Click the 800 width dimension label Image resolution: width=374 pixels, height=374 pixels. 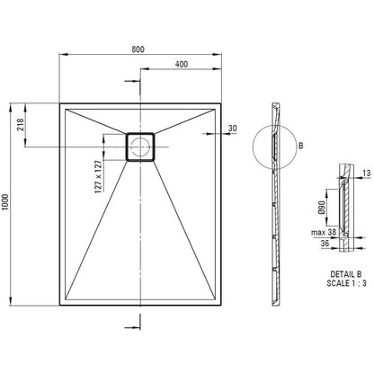pyautogui.click(x=138, y=49)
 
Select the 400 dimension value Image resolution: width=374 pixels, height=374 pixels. pyautogui.click(x=182, y=64)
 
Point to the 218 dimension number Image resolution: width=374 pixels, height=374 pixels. pyautogui.click(x=20, y=125)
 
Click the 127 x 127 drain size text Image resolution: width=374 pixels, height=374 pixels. pyautogui.click(x=98, y=176)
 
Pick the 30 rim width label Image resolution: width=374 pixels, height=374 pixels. pyautogui.click(x=233, y=129)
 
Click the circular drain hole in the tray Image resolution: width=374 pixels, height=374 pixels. pyautogui.click(x=140, y=147)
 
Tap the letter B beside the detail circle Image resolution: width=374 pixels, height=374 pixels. pyautogui.click(x=301, y=146)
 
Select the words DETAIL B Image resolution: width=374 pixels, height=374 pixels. pyautogui.click(x=346, y=274)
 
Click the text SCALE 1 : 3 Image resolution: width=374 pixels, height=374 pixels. pyautogui.click(x=346, y=283)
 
